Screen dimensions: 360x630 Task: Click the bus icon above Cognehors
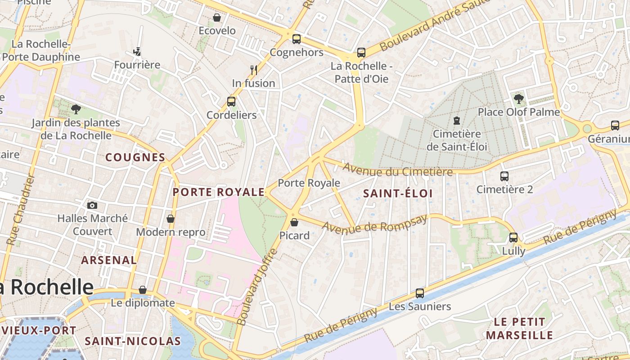[x=296, y=39]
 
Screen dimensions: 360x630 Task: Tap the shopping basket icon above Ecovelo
[x=217, y=18]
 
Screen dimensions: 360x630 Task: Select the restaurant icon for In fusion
[x=254, y=70]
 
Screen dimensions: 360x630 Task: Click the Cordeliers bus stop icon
[x=231, y=102]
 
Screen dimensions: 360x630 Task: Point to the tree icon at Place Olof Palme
[x=519, y=99]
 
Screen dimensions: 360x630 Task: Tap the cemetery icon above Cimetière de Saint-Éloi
[x=457, y=121]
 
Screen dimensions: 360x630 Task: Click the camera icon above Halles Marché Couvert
[x=92, y=205]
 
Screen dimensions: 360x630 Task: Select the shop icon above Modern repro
[x=171, y=219]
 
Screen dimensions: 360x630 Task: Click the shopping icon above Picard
[x=294, y=222]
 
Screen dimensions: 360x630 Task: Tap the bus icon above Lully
[x=513, y=238]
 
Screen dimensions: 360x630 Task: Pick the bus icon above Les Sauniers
[x=420, y=293]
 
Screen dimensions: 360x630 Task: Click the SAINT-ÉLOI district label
[x=398, y=193]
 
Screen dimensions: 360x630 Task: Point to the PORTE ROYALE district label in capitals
[x=219, y=192]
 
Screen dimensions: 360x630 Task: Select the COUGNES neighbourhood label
[x=135, y=157]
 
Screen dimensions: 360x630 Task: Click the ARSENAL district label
[x=109, y=260]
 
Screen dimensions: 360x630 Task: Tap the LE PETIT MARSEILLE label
[x=519, y=328]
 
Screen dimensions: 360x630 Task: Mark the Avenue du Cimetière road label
[x=398, y=170]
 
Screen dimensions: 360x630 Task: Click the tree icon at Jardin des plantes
[x=76, y=109]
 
